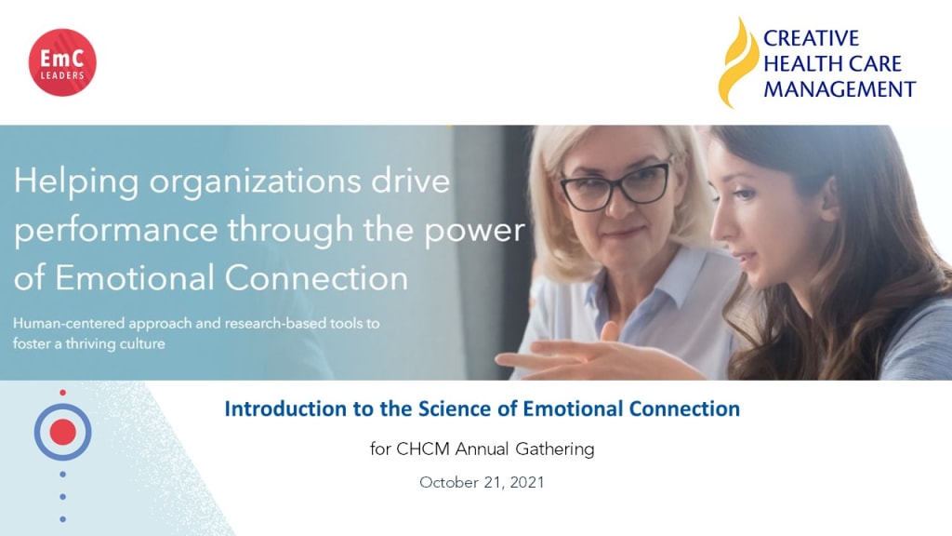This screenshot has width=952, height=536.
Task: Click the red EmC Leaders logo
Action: click(x=62, y=62)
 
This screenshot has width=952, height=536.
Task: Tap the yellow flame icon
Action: click(x=737, y=62)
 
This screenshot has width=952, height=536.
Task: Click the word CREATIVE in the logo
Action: click(x=811, y=38)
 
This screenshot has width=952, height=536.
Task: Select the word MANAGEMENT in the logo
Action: click(x=840, y=89)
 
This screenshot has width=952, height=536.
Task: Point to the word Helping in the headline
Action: click(x=76, y=182)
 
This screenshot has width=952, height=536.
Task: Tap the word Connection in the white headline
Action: click(x=316, y=277)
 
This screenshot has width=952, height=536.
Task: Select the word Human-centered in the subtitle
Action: click(x=69, y=323)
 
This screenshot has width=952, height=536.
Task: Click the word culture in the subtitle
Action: click(x=142, y=343)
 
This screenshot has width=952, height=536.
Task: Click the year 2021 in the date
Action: click(x=527, y=483)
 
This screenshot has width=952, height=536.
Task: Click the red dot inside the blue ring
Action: click(x=62, y=432)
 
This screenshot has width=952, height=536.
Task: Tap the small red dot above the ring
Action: click(x=62, y=393)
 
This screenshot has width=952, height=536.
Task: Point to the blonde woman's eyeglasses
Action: click(x=615, y=185)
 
